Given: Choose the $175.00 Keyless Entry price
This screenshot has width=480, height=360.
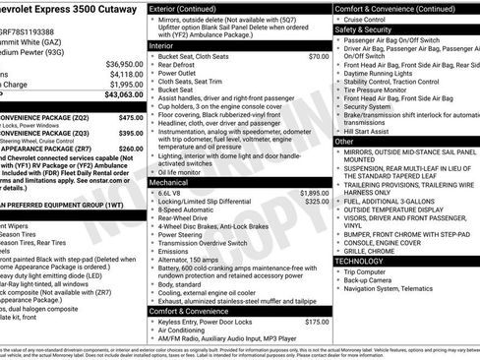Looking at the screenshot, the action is (316, 321).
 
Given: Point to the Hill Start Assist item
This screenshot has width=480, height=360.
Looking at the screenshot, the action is (373, 131).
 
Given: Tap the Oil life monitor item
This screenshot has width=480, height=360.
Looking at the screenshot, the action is (185, 171).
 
